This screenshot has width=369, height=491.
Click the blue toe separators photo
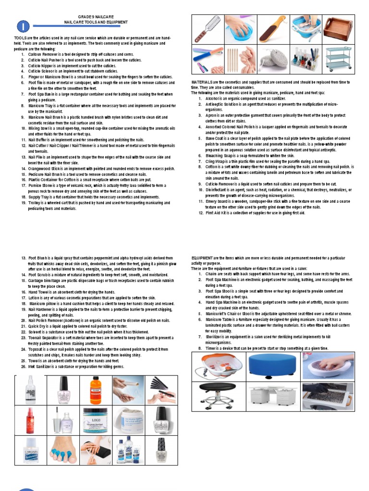pos(63,450)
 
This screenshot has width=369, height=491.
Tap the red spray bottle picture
pos(31,420)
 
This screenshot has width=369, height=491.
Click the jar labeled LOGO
pos(96,420)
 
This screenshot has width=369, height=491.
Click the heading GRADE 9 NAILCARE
pos(97,17)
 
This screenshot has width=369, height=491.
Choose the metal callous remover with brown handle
pos(207,30)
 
